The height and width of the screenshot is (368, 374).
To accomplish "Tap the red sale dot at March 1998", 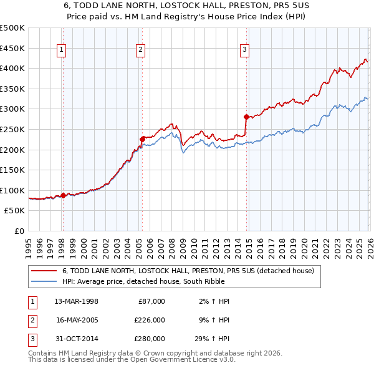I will pyautogui.click(x=64, y=195).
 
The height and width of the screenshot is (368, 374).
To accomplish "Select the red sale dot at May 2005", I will pyautogui.click(x=142, y=138).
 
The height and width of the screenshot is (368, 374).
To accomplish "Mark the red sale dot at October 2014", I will pyautogui.click(x=246, y=117).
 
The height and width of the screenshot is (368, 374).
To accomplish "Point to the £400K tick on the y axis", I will pyautogui.click(x=12, y=69).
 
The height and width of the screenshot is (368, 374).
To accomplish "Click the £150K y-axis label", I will pyautogui.click(x=12, y=170).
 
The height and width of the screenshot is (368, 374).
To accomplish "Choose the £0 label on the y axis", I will pyautogui.click(x=19, y=231).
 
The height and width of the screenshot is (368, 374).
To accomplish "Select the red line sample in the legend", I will pyautogui.click(x=45, y=271).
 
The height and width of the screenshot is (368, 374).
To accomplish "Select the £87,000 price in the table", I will pyautogui.click(x=151, y=301).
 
